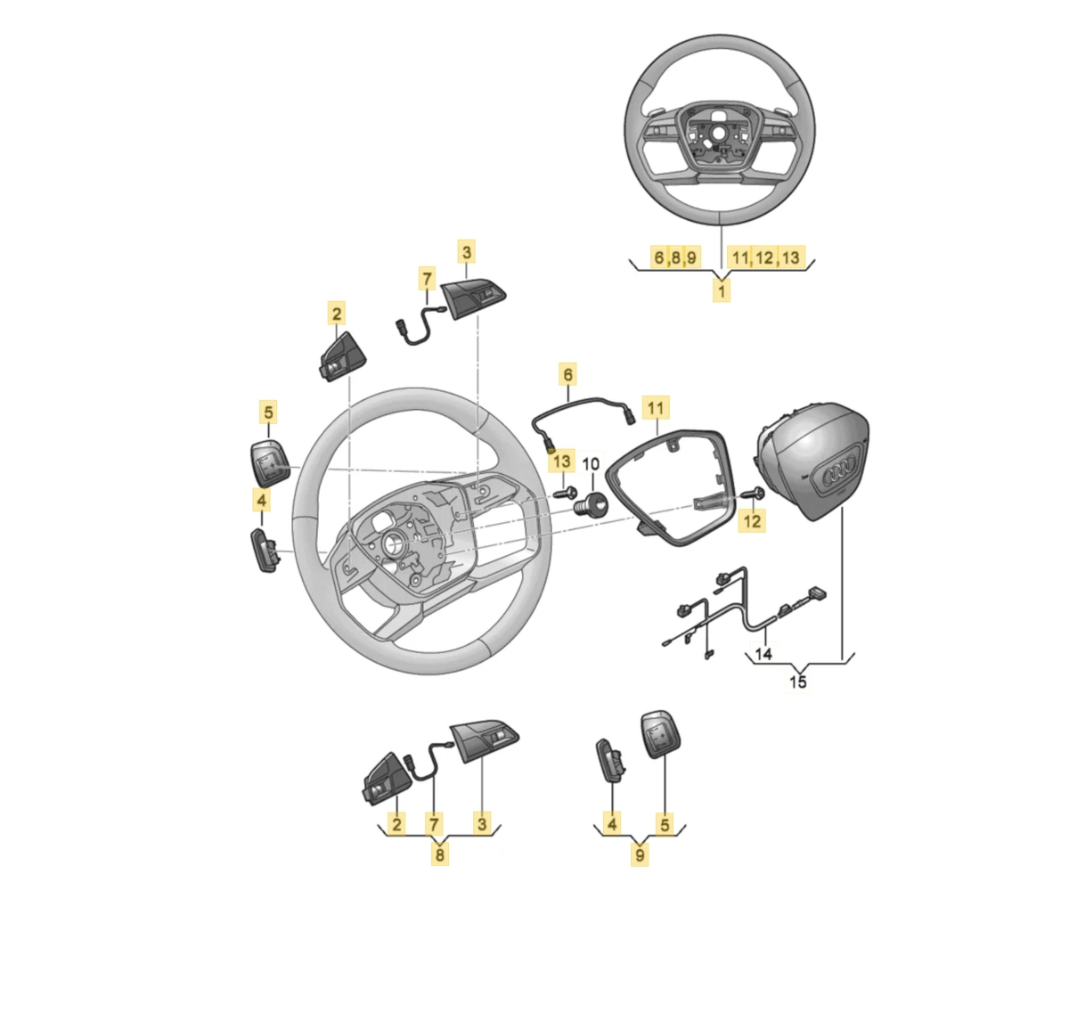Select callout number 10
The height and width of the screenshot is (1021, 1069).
click(591, 464)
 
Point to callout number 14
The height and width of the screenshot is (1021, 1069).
click(763, 654)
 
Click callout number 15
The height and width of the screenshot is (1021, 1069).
click(797, 682)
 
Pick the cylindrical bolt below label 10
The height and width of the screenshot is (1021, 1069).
click(591, 503)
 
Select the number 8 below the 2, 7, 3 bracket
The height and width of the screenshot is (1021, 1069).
click(439, 854)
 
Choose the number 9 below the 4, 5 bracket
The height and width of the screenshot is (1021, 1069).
click(640, 855)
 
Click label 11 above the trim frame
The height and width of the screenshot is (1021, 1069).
click(656, 408)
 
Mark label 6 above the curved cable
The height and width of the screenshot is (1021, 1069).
click(567, 374)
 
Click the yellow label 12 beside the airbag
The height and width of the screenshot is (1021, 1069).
click(752, 520)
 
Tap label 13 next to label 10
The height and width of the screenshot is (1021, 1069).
click(561, 461)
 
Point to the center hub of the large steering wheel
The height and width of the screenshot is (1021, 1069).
click(394, 543)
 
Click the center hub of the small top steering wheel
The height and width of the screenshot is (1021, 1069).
click(719, 133)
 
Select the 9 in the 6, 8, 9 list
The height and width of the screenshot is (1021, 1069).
click(691, 257)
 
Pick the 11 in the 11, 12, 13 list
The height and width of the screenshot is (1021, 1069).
click(740, 257)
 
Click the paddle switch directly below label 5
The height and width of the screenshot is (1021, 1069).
click(270, 462)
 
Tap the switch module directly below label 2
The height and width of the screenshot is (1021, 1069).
click(342, 356)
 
